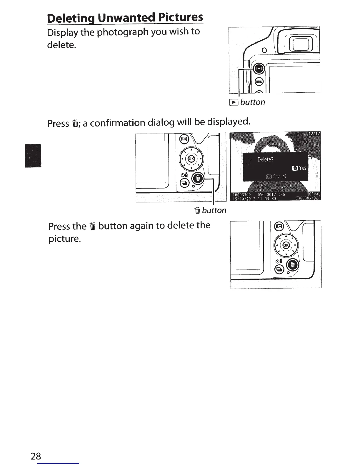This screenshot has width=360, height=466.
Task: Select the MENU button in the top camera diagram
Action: (259, 81)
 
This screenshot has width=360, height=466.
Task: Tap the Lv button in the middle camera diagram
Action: (184, 139)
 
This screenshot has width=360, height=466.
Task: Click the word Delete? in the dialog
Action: (265, 159)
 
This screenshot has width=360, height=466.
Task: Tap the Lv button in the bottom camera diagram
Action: (279, 226)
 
